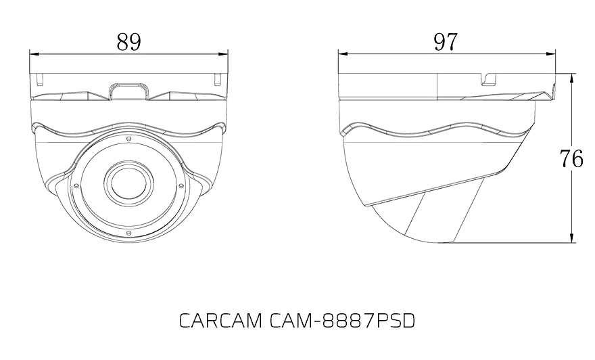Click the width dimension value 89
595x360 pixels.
point(128,42)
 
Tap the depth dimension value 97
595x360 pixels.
point(445,42)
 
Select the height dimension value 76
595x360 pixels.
point(571,158)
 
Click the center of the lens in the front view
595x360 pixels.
point(127,183)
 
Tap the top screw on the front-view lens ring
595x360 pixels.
point(127,138)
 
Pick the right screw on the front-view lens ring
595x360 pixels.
point(180,185)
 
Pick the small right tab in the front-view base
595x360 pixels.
point(217,78)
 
